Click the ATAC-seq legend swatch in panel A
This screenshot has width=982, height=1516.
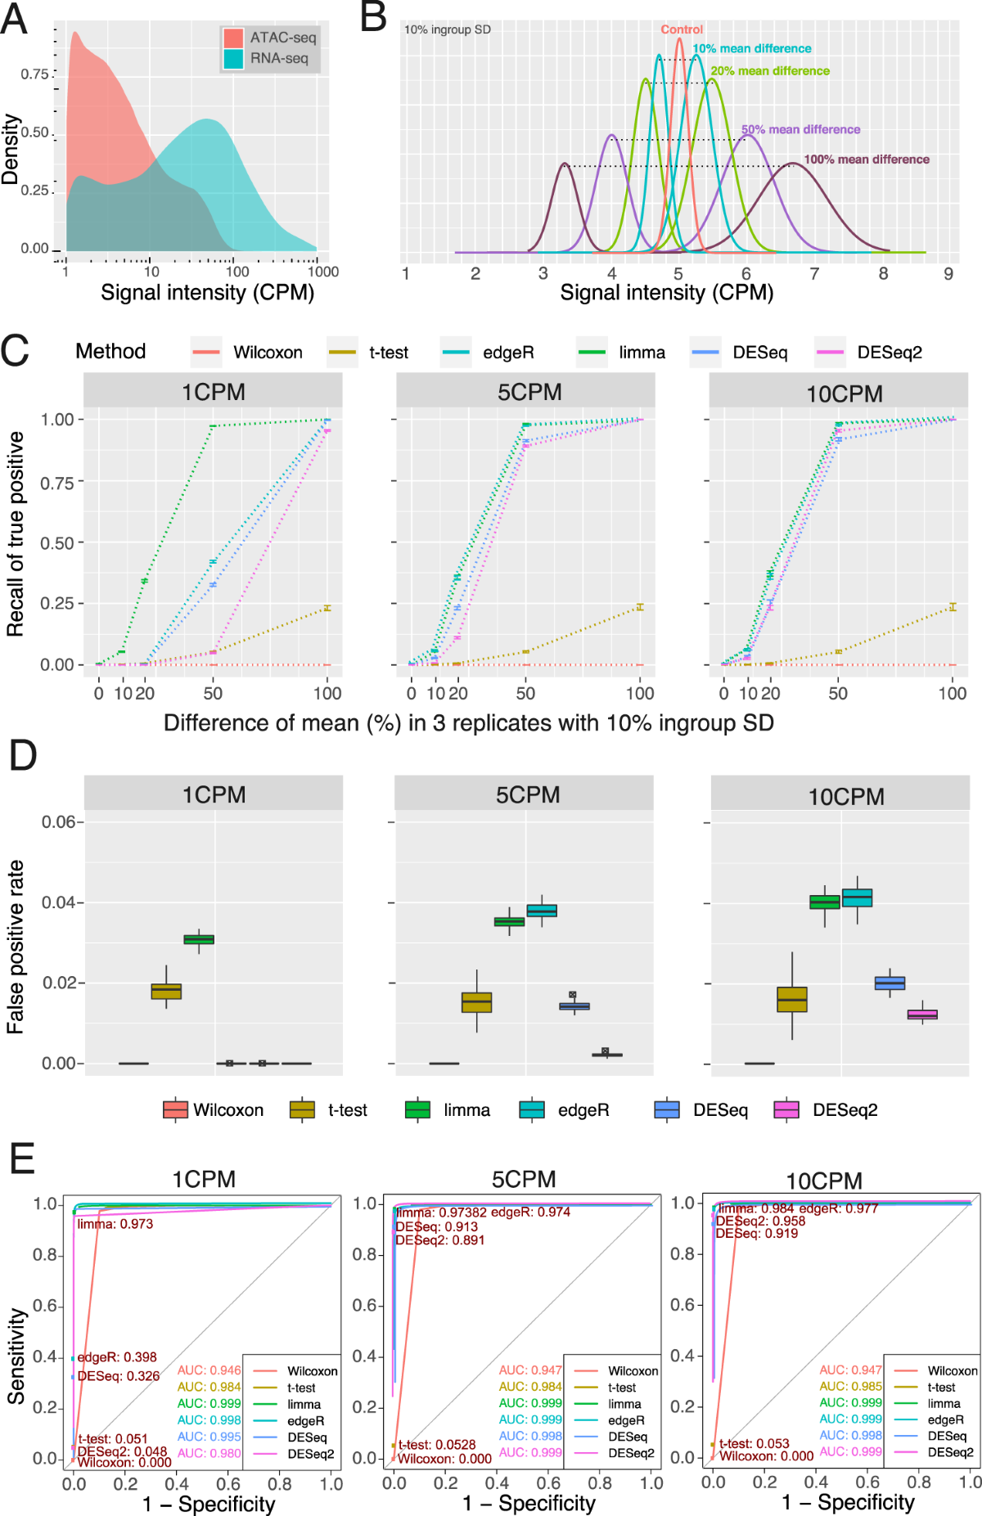click(x=233, y=38)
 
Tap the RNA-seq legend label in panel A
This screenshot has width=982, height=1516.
click(x=279, y=58)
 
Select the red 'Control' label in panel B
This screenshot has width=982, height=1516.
click(x=682, y=29)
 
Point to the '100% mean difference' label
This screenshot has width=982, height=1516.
click(x=867, y=160)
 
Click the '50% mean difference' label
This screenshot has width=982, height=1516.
click(x=800, y=129)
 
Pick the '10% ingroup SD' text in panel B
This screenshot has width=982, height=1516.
click(x=448, y=29)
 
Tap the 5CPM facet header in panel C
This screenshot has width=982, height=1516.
click(x=529, y=392)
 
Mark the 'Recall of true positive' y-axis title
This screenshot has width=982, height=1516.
click(x=16, y=534)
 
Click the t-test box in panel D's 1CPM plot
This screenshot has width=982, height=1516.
click(x=166, y=991)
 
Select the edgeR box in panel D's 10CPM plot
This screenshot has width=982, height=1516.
click(x=857, y=897)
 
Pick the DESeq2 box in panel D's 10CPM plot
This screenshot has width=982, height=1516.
click(x=922, y=1014)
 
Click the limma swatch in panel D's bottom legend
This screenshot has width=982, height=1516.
click(x=417, y=1110)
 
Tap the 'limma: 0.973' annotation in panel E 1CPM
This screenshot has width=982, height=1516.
click(x=115, y=1224)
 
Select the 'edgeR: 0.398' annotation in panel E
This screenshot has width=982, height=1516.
click(x=117, y=1357)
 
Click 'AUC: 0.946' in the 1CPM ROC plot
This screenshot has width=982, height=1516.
click(x=209, y=1370)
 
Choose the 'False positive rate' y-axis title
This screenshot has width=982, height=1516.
click(x=16, y=947)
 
